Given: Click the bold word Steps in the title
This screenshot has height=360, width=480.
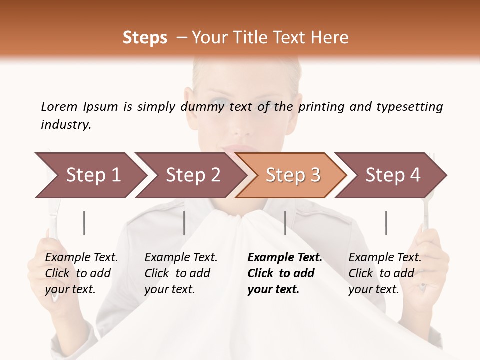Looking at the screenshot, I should [x=145, y=38].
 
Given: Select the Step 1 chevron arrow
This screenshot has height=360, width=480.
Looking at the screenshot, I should [x=90, y=175].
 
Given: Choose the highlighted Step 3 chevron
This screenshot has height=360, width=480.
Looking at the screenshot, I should [x=292, y=175].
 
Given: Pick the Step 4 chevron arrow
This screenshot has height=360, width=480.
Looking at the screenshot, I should [x=392, y=175].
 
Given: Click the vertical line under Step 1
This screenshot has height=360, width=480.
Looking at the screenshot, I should [x=84, y=223].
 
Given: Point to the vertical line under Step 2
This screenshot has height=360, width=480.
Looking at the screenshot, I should [x=184, y=223].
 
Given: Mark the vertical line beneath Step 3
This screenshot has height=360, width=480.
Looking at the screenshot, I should [x=285, y=223].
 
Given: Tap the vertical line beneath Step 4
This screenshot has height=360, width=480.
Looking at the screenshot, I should [x=386, y=223].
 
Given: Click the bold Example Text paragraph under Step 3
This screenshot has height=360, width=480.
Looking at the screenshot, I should [x=285, y=273].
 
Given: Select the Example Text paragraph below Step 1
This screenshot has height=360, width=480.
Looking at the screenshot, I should [x=81, y=273].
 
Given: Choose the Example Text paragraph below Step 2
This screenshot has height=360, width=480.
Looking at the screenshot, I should [x=181, y=273].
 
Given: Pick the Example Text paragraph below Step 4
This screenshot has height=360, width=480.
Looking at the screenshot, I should [x=385, y=273].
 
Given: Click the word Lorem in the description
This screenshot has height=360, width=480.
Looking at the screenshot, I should [x=59, y=106].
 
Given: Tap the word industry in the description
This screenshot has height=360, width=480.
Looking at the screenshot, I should [x=66, y=124].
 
